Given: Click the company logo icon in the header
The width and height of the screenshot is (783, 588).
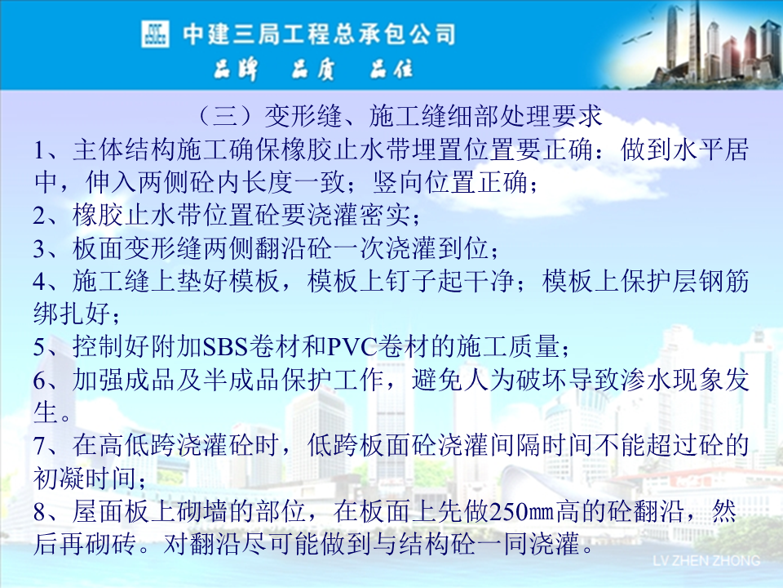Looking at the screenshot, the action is click(155, 34).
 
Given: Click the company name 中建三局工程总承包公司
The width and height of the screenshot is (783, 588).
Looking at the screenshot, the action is click(319, 34).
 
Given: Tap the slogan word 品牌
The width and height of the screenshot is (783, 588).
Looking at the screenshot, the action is click(236, 69).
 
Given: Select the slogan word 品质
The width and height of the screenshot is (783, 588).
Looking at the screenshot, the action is click(313, 69).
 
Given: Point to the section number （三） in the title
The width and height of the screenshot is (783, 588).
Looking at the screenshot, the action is click(225, 116).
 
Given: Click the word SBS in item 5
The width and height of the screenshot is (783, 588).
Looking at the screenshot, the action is click(225, 346).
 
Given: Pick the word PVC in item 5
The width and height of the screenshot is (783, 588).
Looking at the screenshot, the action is click(352, 346).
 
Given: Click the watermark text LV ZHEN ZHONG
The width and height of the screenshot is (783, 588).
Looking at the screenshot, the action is click(706, 560).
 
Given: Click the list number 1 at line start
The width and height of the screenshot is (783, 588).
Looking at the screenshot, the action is click(40, 150).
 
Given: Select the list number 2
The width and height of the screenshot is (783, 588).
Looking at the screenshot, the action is click(40, 216).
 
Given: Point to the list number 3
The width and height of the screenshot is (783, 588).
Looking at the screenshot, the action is click(40, 248).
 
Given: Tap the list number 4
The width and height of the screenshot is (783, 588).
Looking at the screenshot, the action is click(40, 282).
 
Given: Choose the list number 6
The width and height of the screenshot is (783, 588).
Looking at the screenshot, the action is click(40, 381).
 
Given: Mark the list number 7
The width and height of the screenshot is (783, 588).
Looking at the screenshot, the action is click(40, 446).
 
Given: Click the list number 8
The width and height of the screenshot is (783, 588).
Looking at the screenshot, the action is click(40, 512).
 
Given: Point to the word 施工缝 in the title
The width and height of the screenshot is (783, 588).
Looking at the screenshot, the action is click(408, 116).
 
